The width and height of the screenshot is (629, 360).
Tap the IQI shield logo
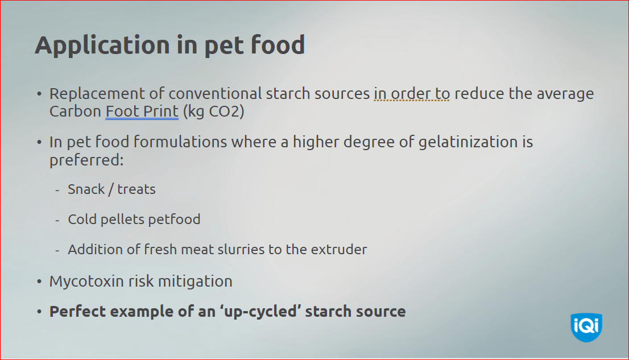tap(586, 327)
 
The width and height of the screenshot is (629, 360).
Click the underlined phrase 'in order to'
tap(412, 93)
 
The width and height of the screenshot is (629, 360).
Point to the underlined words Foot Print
tap(142, 111)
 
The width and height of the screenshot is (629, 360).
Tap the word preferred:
tap(86, 160)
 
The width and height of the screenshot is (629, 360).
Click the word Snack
tap(86, 189)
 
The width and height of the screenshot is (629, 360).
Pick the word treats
tap(136, 189)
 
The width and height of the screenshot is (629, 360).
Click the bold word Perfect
tap(76, 312)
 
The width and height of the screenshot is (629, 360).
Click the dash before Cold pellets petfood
tap(57, 220)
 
